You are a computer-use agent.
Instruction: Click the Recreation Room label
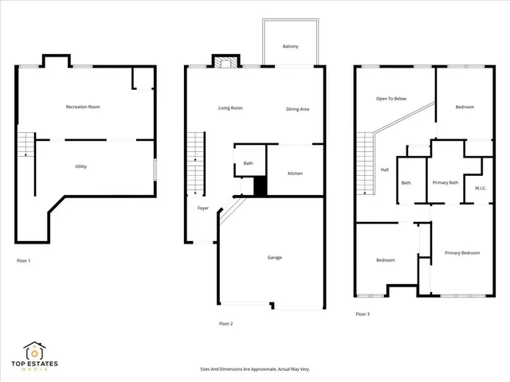pyautogui.click(x=83, y=107)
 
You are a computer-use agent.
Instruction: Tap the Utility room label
pyautogui.click(x=80, y=166)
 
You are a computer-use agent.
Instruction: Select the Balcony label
pyautogui.click(x=291, y=47)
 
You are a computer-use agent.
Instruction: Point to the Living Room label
pyautogui.click(x=230, y=108)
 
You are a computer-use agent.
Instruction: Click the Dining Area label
pyautogui.click(x=298, y=109)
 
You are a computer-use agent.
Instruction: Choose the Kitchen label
pyautogui.click(x=295, y=173)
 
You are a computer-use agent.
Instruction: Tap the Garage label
pyautogui.click(x=275, y=257)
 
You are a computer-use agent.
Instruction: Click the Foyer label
pyautogui.click(x=204, y=209)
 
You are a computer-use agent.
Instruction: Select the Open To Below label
pyautogui.click(x=391, y=99)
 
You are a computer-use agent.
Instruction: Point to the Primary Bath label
pyautogui.click(x=445, y=183)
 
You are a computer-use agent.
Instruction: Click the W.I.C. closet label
pyautogui.click(x=480, y=189)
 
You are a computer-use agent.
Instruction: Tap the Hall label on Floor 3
pyautogui.click(x=384, y=170)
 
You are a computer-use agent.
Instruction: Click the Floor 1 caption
pyautogui.click(x=24, y=260)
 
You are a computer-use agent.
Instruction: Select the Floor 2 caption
pyautogui.click(x=226, y=324)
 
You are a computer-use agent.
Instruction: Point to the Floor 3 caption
pyautogui.click(x=362, y=314)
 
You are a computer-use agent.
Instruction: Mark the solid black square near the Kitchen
pyautogui.click(x=260, y=186)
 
